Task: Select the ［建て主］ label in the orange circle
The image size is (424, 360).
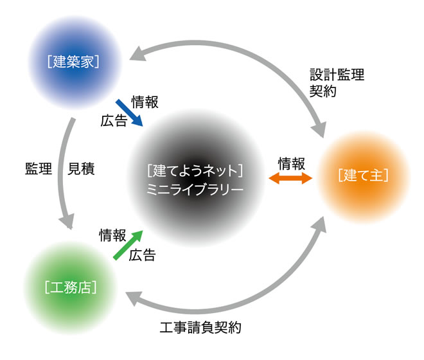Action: (364, 175)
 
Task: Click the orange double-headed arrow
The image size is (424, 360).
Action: (290, 179)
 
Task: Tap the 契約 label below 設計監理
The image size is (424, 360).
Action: (322, 91)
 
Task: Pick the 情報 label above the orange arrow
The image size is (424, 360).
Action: (290, 163)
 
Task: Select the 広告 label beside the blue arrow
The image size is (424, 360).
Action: (114, 120)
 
